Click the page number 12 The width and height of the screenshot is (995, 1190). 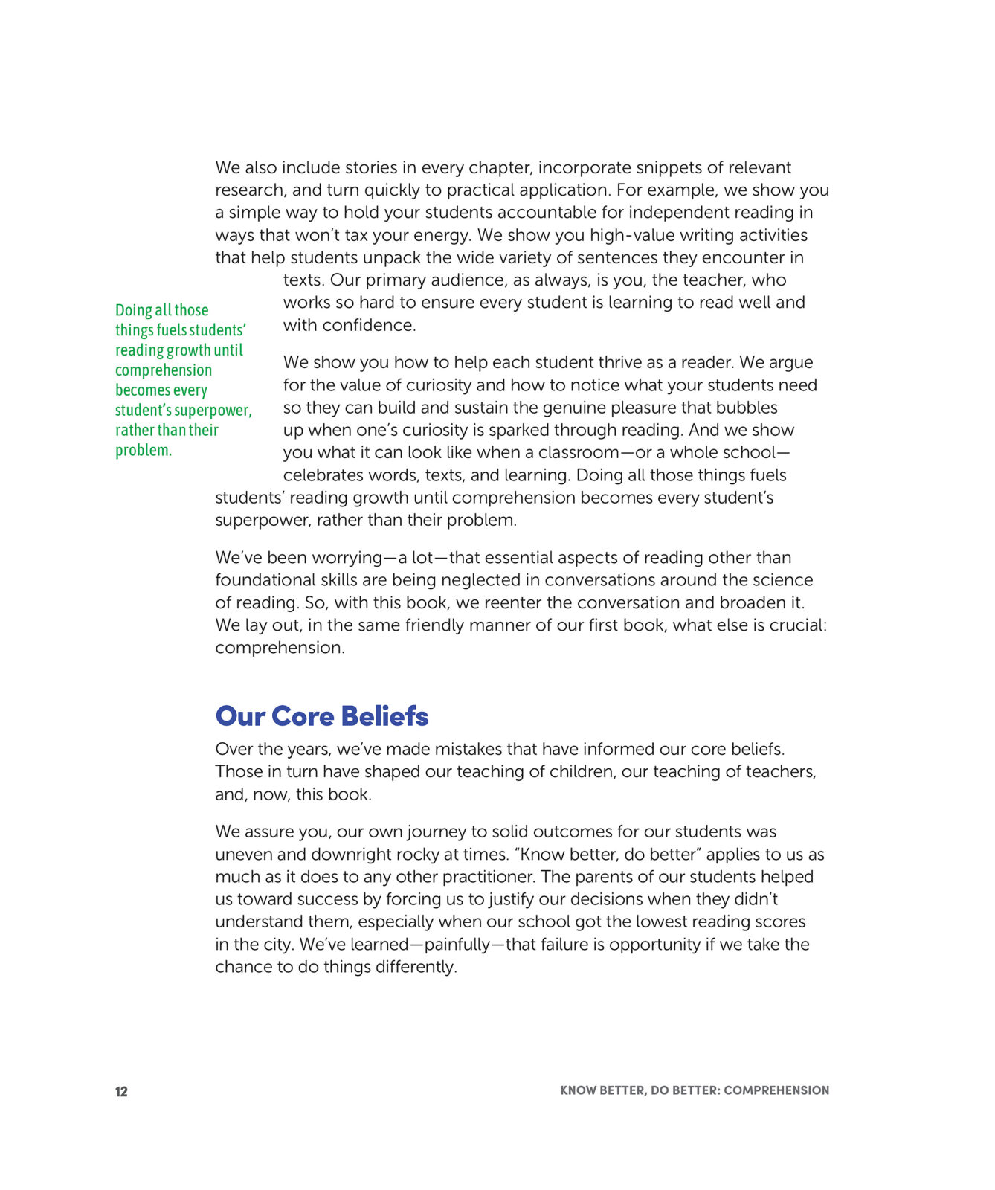[121, 1091]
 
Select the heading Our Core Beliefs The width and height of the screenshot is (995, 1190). [321, 716]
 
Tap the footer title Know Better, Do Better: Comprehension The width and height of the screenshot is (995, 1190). [695, 1090]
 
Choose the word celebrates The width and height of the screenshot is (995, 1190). [325, 475]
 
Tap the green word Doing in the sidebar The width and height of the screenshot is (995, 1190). [133, 310]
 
